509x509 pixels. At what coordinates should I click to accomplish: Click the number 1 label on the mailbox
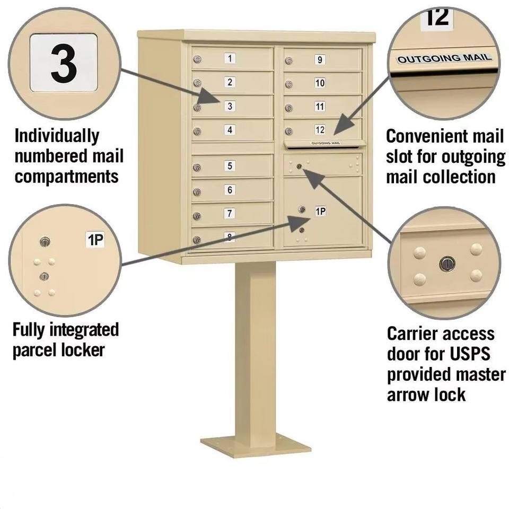230,58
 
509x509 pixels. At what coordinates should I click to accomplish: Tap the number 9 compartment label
320,59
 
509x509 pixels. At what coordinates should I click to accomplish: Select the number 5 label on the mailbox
230,166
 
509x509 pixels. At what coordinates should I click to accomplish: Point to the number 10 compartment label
320,83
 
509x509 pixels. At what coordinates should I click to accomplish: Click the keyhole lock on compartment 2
197,83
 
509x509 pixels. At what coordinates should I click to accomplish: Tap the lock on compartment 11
288,108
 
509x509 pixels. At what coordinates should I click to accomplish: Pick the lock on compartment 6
197,192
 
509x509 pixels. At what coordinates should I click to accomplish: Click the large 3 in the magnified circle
64,63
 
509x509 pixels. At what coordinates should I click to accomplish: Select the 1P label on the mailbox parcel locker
320,212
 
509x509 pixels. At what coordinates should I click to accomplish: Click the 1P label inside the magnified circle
95,240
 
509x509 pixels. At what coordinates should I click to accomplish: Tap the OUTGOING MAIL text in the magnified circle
444,58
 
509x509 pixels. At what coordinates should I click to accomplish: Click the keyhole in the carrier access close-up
447,264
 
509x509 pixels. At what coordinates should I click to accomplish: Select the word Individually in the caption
57,136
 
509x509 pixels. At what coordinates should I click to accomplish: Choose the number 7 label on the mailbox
230,213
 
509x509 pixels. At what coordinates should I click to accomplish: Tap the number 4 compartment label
230,130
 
